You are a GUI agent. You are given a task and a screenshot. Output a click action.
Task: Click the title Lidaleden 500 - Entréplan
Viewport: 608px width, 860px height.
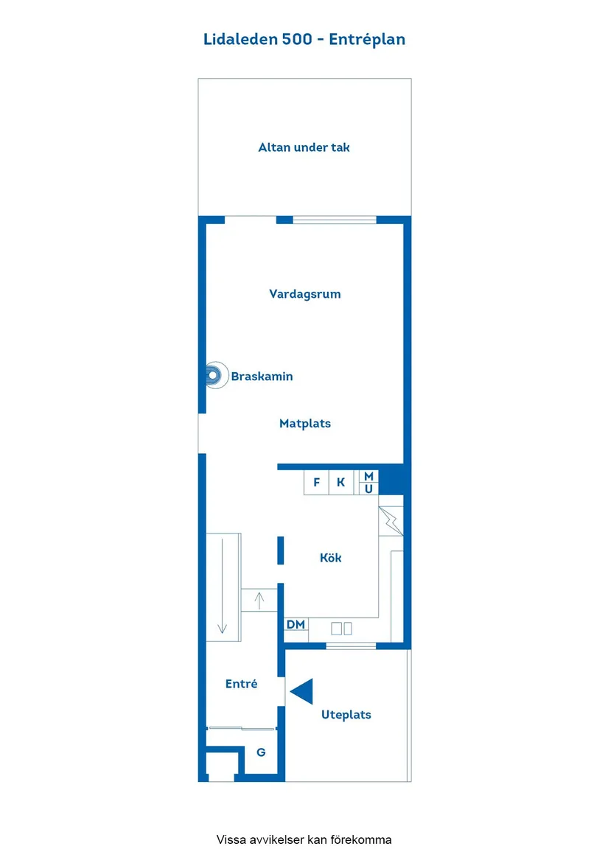(304, 40)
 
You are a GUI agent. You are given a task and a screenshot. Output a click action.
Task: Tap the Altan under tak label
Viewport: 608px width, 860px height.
(304, 147)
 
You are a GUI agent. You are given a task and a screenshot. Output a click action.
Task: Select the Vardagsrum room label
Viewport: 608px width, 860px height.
(304, 294)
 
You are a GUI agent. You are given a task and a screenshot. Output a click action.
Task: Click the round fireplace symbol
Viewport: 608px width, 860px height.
(213, 376)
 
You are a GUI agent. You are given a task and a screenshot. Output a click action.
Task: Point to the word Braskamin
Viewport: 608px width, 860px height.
(262, 377)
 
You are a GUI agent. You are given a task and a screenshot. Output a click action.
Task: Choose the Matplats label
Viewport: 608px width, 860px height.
(304, 424)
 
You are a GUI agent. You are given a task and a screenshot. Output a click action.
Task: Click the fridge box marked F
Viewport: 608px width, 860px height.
(317, 483)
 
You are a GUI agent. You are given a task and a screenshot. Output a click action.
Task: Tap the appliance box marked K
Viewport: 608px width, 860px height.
(340, 483)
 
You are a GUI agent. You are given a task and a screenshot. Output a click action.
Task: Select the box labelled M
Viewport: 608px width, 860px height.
(368, 476)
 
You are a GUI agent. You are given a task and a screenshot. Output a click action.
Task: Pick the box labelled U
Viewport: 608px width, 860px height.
(368, 489)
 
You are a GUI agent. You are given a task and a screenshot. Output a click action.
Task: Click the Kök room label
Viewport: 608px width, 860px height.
(330, 558)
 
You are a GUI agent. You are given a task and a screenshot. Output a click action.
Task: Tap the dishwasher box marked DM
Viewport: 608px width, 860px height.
(296, 626)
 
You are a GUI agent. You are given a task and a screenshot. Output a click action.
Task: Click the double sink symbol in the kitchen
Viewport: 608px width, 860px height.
(341, 629)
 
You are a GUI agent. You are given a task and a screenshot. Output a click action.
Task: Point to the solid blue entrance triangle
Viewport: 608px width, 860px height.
(302, 692)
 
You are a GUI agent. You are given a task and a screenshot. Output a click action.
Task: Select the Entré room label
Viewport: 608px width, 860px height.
(241, 685)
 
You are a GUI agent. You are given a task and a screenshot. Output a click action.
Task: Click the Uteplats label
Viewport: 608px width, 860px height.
(346, 715)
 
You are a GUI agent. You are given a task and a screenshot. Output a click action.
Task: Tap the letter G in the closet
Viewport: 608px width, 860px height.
(260, 752)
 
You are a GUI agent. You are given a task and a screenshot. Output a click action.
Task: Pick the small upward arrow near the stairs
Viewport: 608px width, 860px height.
(259, 600)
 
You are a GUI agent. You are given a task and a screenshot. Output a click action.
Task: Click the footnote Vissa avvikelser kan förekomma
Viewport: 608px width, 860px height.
(304, 839)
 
